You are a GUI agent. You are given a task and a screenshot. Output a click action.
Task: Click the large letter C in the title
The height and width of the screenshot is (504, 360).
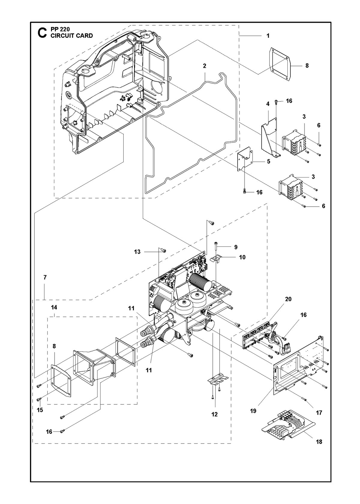click(x=42, y=33)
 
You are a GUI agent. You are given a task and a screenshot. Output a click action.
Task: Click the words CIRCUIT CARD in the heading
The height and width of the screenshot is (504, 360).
click(x=72, y=36)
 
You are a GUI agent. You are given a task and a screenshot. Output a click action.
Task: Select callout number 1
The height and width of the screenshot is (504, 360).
click(x=268, y=36)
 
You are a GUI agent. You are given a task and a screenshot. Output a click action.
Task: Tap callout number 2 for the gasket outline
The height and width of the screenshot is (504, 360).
click(x=204, y=66)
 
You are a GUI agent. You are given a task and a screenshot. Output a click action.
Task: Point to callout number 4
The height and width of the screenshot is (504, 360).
click(x=268, y=104)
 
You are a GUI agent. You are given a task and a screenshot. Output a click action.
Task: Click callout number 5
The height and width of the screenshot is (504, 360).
click(x=268, y=161)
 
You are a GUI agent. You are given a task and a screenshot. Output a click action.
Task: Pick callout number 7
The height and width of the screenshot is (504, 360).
click(x=45, y=277)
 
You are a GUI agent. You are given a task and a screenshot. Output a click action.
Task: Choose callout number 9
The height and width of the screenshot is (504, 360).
click(x=236, y=247)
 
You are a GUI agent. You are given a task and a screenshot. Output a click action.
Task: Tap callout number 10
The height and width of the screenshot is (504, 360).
click(x=242, y=257)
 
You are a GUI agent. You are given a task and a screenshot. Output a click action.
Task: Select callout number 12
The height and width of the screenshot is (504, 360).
click(x=214, y=414)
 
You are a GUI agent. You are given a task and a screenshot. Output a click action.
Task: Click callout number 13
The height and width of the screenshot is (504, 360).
click(x=137, y=252)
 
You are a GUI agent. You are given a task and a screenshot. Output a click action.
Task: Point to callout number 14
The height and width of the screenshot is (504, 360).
click(x=54, y=307)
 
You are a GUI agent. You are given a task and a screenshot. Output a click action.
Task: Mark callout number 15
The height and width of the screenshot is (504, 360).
click(x=40, y=410)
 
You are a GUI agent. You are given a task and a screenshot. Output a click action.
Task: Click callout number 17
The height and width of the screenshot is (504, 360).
click(x=319, y=413)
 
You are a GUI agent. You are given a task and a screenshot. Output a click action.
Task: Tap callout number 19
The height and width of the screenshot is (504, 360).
click(x=253, y=411)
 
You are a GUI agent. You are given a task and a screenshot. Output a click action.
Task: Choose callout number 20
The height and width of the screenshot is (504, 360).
click(x=288, y=299)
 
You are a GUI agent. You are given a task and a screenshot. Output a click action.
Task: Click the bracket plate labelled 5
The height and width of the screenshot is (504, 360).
click(x=245, y=159)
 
